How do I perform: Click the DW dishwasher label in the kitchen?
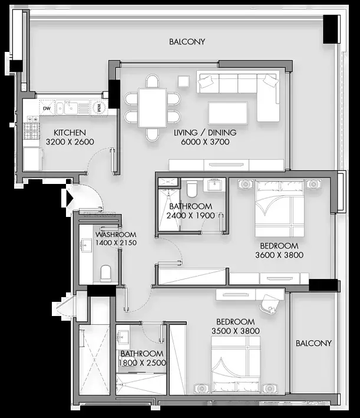pyautogui.click(x=47, y=108)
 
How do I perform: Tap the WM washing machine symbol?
pyautogui.click(x=99, y=108)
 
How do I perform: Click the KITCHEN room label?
pyautogui.click(x=70, y=133)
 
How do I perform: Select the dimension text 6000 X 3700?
pyautogui.click(x=205, y=141)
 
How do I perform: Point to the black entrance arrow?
pyautogui.click(x=70, y=198)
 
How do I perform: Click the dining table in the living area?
pyautogui.click(x=152, y=108)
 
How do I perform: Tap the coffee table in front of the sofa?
pyautogui.click(x=228, y=113)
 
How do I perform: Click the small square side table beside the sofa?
pyautogui.click(x=184, y=81)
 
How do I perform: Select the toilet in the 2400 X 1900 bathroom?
pyautogui.click(x=192, y=188)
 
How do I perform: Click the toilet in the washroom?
pyautogui.click(x=106, y=273)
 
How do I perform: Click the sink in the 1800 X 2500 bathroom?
pyautogui.click(x=123, y=336)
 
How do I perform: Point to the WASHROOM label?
pyautogui.click(x=116, y=235)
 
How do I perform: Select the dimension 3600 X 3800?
pyautogui.click(x=279, y=255)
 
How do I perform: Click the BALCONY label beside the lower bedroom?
pyautogui.click(x=313, y=343)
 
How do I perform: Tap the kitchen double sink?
pyautogui.click(x=67, y=108)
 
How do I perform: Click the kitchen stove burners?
pyautogui.click(x=31, y=131)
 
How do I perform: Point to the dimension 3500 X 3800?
pyautogui.click(x=236, y=331)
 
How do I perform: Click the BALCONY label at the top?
pyautogui.click(x=187, y=42)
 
